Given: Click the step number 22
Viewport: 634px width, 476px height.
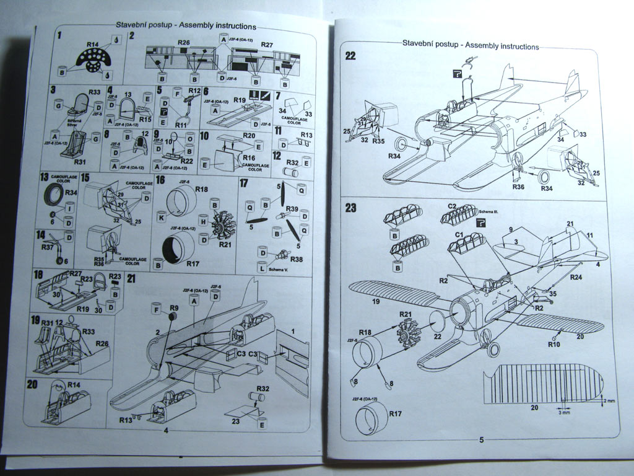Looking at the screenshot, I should [x=350, y=55].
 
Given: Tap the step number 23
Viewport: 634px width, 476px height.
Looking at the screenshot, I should [x=350, y=208].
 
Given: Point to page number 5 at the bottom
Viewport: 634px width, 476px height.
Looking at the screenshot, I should [x=481, y=439].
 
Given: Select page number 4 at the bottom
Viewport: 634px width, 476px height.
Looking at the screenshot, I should [x=166, y=430].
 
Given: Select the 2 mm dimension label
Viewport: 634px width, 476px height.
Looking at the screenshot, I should [x=610, y=401].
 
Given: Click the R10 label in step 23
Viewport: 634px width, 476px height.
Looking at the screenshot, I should [x=554, y=344].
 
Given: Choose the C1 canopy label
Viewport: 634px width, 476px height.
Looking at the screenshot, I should [x=460, y=234].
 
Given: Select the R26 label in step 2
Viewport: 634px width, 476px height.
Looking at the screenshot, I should [x=183, y=42].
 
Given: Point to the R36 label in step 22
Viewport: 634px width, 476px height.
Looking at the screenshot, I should [x=519, y=186].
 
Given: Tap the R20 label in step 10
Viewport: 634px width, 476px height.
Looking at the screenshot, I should [x=249, y=135].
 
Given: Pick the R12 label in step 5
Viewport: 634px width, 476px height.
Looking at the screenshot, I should [x=194, y=91].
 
